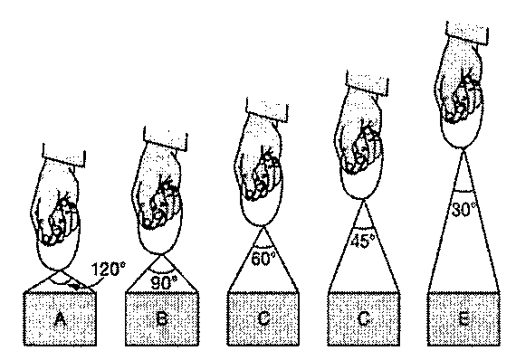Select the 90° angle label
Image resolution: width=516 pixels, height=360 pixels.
(164, 282)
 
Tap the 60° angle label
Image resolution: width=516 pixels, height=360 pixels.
(263, 259)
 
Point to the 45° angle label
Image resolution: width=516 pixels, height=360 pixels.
(362, 241)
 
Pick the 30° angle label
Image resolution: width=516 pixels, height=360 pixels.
(463, 209)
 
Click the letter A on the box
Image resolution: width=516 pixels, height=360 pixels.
(60, 319)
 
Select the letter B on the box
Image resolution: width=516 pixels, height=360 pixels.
(161, 318)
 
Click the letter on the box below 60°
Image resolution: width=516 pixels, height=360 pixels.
(263, 318)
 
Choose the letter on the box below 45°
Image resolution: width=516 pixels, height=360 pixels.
(363, 318)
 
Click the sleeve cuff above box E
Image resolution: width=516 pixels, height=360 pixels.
(467, 33)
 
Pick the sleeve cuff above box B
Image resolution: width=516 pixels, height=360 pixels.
(166, 139)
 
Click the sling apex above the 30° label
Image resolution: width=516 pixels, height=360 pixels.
(463, 150)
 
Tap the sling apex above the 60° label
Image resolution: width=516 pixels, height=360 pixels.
(263, 228)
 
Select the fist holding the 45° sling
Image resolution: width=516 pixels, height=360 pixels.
(358, 145)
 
